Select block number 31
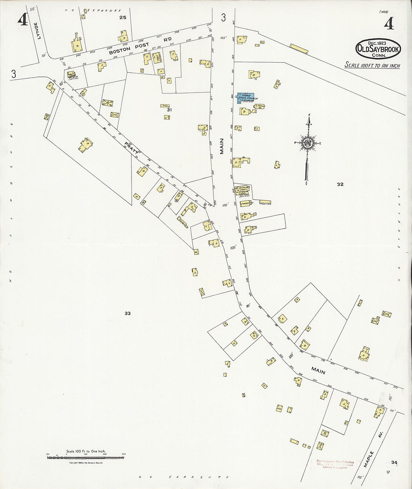169,110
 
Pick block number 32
340,184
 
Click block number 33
127,313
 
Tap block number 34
393,462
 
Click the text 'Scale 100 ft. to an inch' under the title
372,66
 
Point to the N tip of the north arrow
309,115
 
